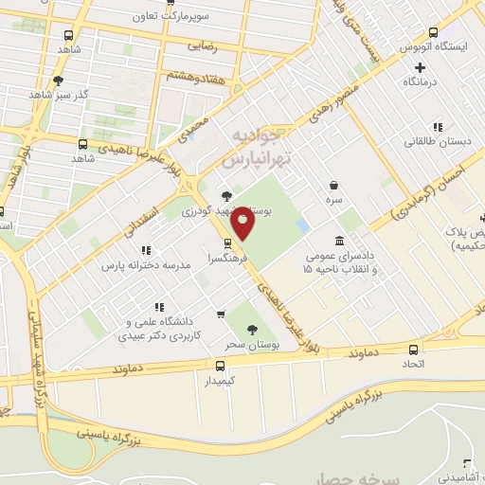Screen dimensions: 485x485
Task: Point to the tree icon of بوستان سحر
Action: pyautogui.click(x=251, y=329)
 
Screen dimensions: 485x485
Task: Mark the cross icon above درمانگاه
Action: pyautogui.click(x=421, y=66)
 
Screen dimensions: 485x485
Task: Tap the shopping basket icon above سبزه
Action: pyautogui.click(x=333, y=186)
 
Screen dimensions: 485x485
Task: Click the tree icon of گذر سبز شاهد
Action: pyautogui.click(x=60, y=81)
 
